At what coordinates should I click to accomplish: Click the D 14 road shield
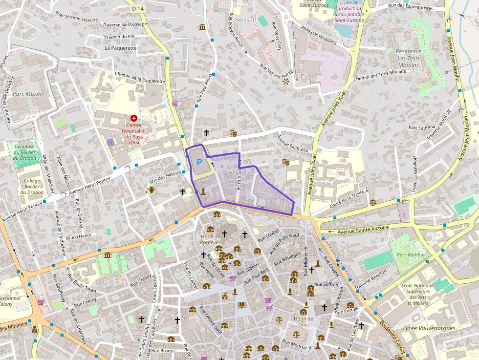coord(137,9)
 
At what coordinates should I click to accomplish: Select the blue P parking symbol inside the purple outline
coord(199,162)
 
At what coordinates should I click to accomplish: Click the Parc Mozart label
coord(28,94)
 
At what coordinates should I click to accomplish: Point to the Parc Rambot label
coord(411,254)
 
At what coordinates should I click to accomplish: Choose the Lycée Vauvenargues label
coord(429,328)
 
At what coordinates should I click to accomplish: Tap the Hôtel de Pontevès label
coord(211,239)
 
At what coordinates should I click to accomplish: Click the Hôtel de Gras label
coord(303,321)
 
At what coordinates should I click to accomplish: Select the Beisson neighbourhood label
coord(245,20)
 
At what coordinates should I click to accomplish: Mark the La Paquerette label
coord(121,48)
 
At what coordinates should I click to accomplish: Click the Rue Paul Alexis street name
coord(205,87)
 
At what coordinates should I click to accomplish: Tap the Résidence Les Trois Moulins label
coord(408,58)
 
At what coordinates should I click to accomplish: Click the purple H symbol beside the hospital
coord(110,142)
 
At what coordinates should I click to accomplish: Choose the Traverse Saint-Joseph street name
coord(125,24)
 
